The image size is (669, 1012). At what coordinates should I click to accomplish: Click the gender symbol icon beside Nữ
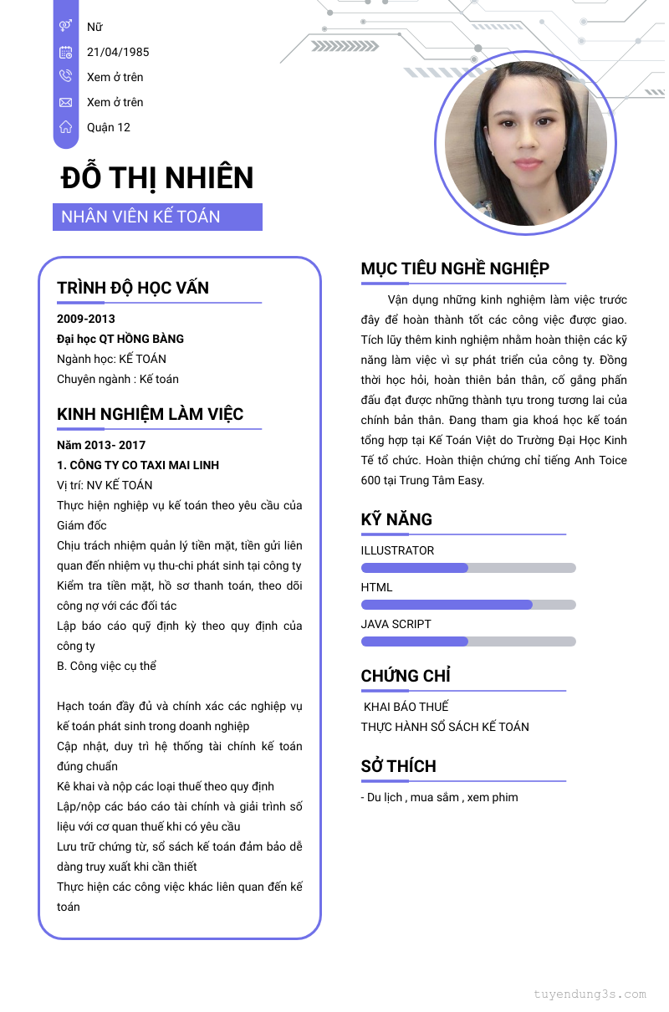click(x=65, y=27)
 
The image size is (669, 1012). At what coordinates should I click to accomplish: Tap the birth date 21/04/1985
click(x=118, y=52)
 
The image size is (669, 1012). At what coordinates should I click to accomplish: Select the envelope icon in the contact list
click(x=65, y=102)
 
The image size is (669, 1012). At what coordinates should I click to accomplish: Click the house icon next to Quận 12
click(x=65, y=127)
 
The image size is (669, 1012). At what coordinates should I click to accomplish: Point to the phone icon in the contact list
click(x=65, y=77)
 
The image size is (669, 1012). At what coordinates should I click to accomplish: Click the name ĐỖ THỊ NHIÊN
click(x=157, y=178)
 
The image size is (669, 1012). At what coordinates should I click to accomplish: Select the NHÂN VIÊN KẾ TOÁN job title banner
click(x=157, y=217)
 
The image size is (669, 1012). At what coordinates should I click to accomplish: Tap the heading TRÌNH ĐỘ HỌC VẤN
click(x=133, y=288)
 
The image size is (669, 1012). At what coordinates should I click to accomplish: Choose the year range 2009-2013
click(x=86, y=319)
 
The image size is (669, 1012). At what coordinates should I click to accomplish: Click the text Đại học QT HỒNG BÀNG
click(x=120, y=339)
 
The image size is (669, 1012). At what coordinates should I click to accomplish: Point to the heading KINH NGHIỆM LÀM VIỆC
click(x=151, y=414)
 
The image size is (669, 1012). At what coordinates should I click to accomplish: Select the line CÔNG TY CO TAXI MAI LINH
click(x=138, y=465)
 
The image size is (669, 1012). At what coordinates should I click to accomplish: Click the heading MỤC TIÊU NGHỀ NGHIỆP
click(x=455, y=268)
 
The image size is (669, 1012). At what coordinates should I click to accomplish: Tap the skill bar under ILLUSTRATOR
click(x=468, y=568)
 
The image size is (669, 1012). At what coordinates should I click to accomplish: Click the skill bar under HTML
click(x=468, y=605)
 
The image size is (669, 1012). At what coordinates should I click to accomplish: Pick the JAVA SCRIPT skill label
click(x=396, y=624)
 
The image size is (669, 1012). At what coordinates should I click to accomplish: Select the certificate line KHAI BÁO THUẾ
click(x=406, y=707)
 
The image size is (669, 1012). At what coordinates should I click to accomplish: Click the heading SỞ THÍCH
click(x=399, y=766)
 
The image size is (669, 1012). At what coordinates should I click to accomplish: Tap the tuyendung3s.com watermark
click(x=590, y=994)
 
